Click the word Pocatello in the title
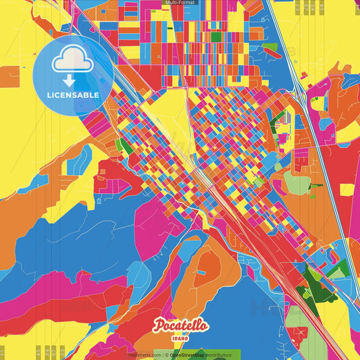(181, 326)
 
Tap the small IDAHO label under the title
(180, 337)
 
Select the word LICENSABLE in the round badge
(74, 95)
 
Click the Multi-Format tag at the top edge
(180, 3)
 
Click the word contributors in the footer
(215, 355)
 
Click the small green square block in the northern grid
(216, 37)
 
